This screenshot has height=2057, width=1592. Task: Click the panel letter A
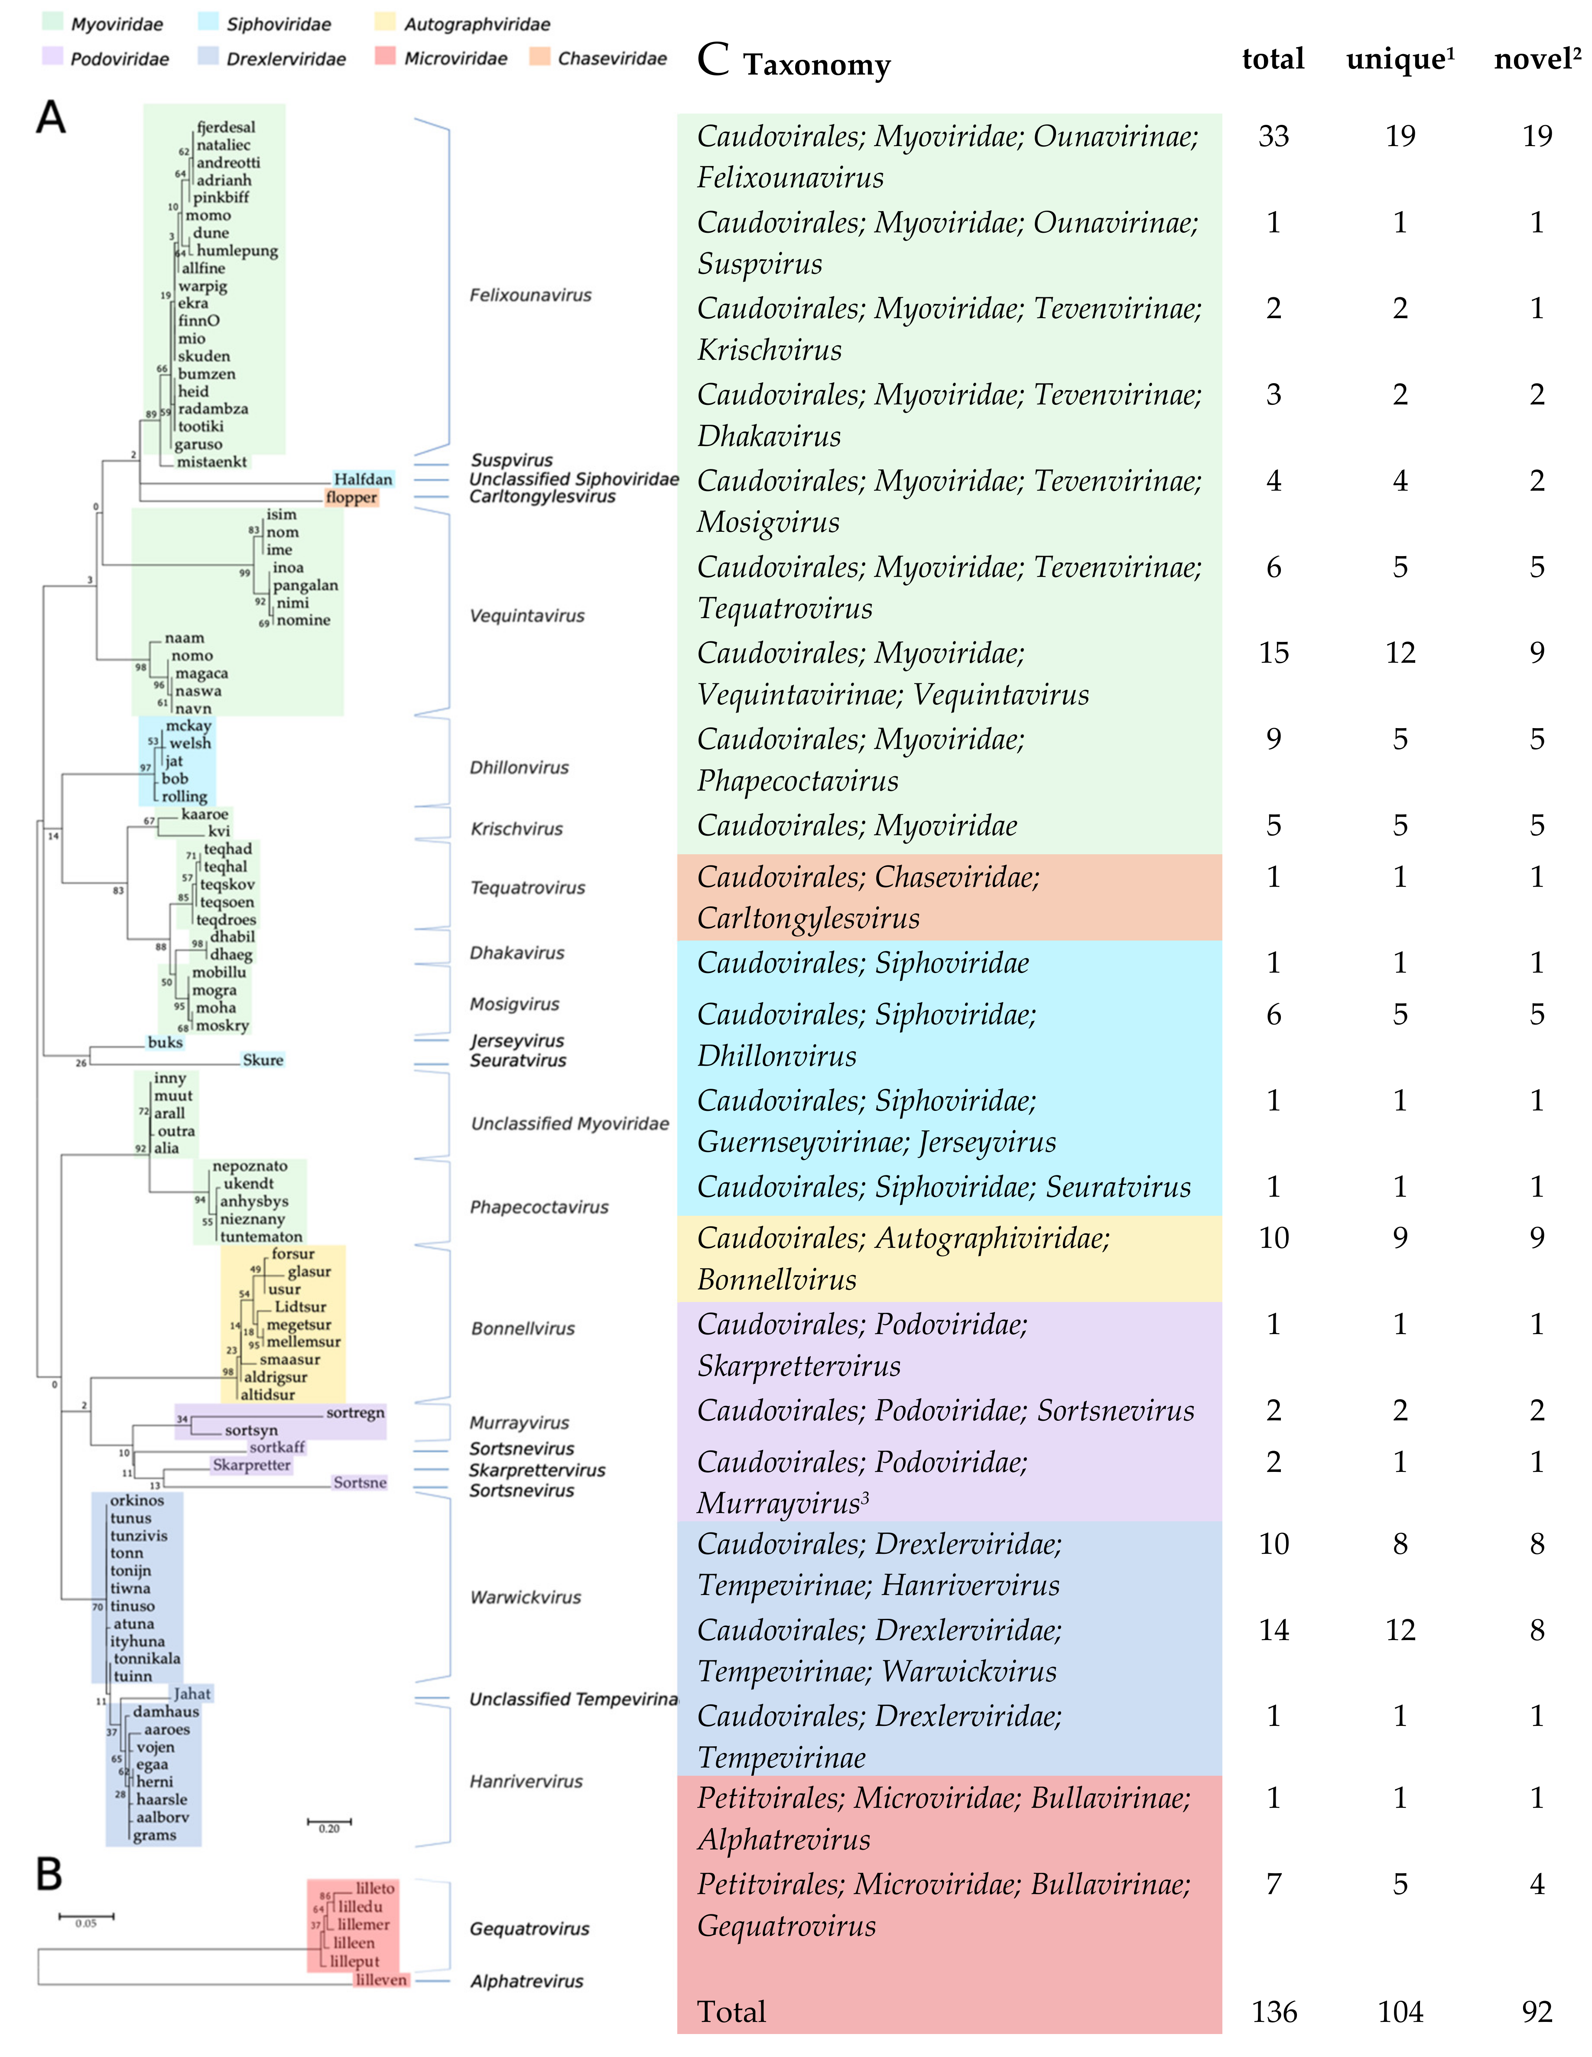click(x=51, y=119)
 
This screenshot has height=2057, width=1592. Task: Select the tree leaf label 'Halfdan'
click(x=362, y=479)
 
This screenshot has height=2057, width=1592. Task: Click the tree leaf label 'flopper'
click(x=351, y=497)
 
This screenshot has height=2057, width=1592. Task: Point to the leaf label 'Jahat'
click(x=192, y=1693)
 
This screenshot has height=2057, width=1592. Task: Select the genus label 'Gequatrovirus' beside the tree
click(x=529, y=1929)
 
